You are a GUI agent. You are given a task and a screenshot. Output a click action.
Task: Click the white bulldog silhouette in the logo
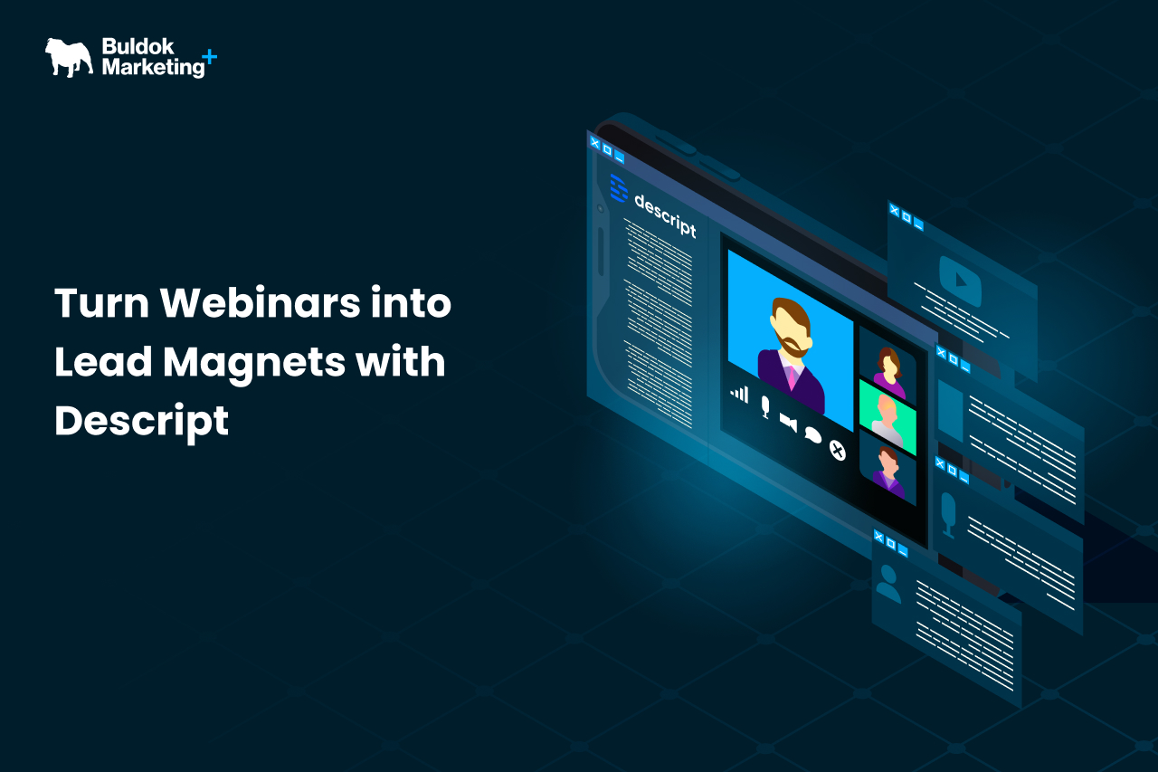coord(69,56)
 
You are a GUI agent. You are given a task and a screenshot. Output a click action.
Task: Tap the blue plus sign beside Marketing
coord(210,56)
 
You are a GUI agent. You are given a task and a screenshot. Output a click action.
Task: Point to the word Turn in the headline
coord(99,303)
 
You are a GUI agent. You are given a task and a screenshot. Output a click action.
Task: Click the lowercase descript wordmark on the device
coord(665,214)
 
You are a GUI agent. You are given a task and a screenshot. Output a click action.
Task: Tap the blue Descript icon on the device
coord(619,188)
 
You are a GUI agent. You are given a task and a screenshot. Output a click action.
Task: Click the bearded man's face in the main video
coord(789,329)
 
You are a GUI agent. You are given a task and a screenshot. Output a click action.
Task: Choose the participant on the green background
coord(887,415)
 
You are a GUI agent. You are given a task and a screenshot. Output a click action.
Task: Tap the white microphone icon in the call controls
coord(764,406)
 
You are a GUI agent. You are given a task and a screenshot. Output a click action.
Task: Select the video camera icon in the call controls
coord(788,422)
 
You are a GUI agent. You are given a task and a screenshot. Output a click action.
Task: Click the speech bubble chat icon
coord(812,435)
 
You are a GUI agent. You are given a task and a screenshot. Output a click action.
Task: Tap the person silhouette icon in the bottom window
coord(888,584)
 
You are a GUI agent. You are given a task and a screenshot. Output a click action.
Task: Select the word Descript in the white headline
coord(141,421)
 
